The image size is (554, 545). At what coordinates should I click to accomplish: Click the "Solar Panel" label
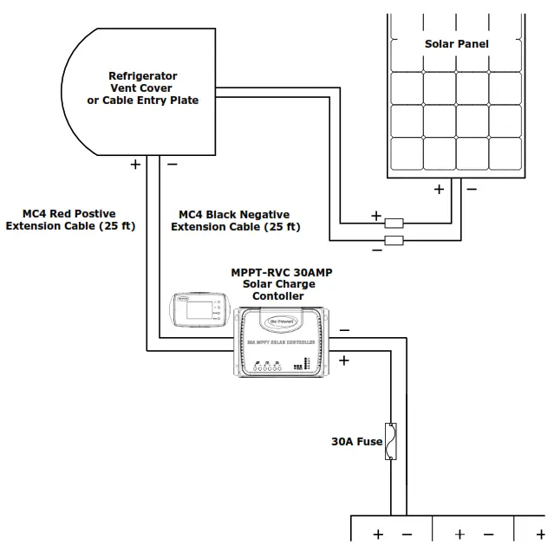456,43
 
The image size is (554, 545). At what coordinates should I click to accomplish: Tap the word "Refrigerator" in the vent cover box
142,75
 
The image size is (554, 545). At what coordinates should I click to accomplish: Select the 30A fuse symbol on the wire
393,441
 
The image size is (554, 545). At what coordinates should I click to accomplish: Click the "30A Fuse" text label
355,441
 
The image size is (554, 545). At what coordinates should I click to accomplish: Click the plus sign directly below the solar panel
439,188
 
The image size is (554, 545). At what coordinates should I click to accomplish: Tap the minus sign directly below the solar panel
471,188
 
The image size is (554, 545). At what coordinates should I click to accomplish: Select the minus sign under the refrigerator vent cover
172,164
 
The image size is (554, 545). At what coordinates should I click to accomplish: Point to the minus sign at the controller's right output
344,330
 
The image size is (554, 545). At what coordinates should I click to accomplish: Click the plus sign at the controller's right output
344,360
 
